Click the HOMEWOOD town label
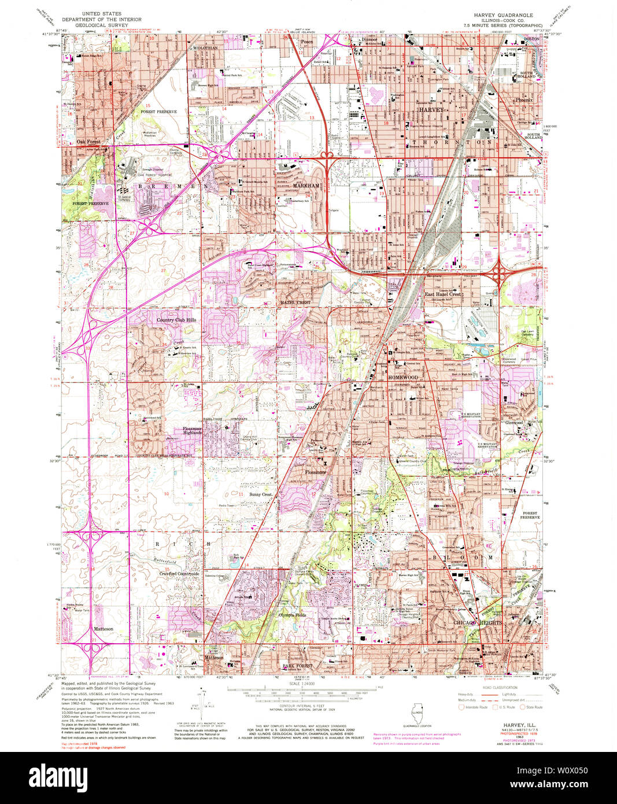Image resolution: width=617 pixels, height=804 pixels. [x=403, y=377]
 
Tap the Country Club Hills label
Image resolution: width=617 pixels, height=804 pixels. [x=176, y=319]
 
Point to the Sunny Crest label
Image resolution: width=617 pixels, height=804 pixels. [x=261, y=495]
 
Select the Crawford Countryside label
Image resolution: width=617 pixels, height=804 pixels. [x=180, y=573]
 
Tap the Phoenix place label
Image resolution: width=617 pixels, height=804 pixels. [x=524, y=99]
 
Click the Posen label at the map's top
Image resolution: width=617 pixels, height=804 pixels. [x=306, y=42]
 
